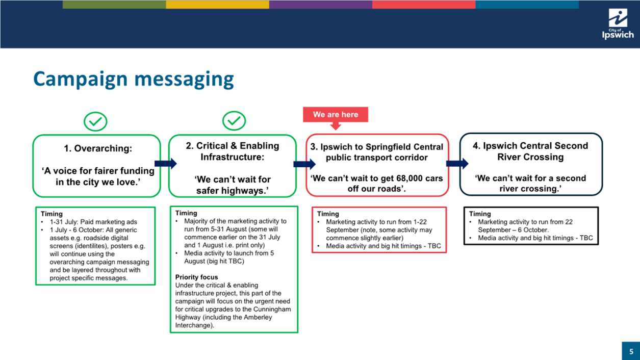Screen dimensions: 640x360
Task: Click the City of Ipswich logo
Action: [x=618, y=24]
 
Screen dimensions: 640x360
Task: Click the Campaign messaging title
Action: [x=134, y=80]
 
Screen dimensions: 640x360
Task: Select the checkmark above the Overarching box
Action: [x=95, y=121]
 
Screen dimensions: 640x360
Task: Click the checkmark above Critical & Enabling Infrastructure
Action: [x=234, y=121]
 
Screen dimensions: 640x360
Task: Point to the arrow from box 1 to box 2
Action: [x=166, y=164]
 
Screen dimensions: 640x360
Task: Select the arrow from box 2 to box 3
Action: [x=304, y=164]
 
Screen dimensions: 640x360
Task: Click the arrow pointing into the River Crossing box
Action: [x=457, y=164]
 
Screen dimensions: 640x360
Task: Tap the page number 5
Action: [x=631, y=351]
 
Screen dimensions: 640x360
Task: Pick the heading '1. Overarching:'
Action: [x=98, y=148]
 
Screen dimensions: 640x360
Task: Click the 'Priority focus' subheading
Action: [x=196, y=277]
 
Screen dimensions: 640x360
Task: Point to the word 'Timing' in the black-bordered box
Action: [x=480, y=214]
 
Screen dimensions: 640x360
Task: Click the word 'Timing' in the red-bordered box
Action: [x=328, y=214]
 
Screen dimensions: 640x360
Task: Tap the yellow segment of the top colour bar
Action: [x=217, y=4]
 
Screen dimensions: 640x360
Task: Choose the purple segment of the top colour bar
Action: [x=321, y=4]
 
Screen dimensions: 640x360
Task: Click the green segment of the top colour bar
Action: [x=114, y=4]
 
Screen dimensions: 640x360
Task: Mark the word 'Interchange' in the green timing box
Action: [x=193, y=325]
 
